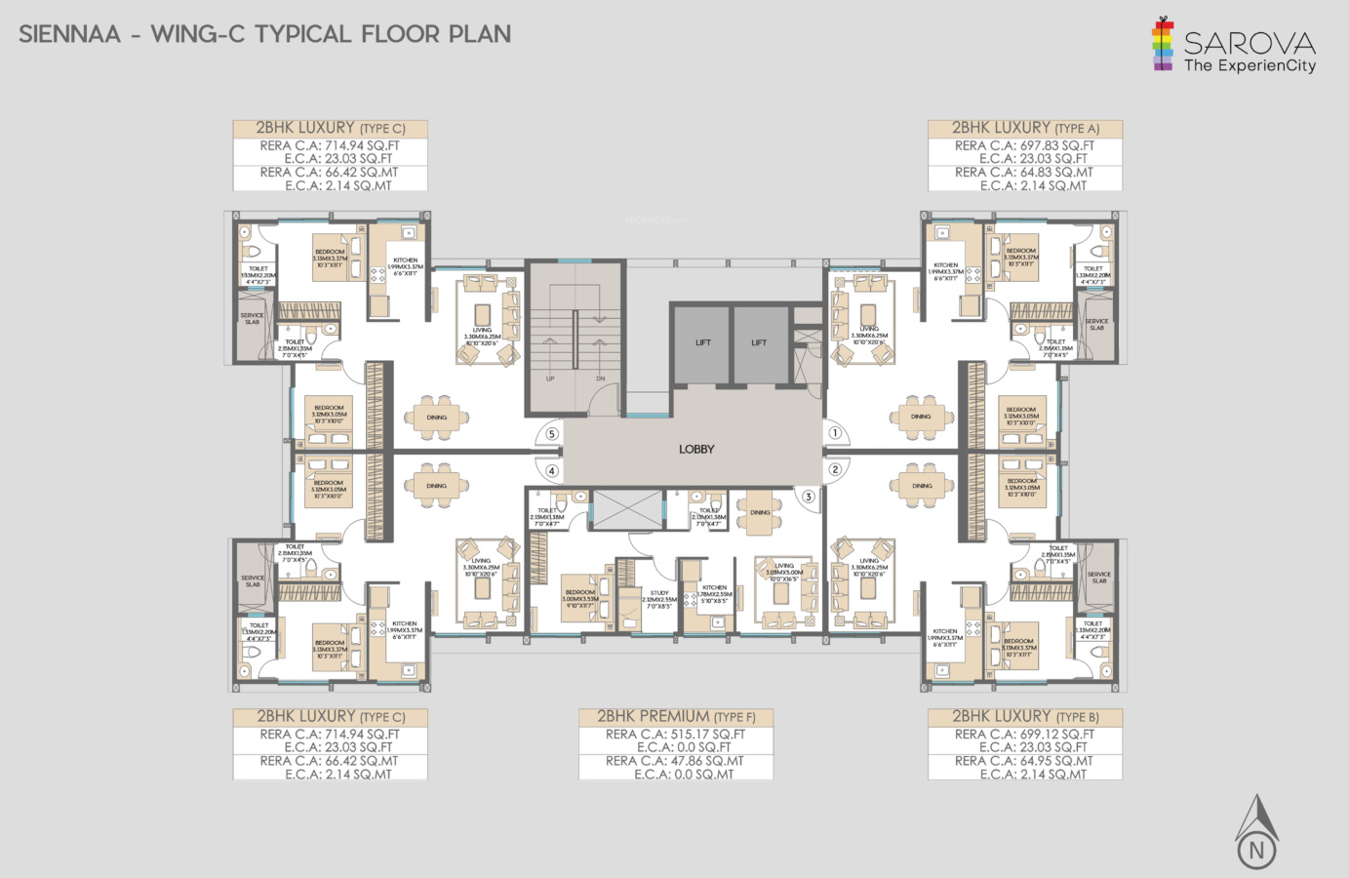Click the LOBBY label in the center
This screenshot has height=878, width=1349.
pos(696,450)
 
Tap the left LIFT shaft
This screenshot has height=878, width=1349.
pos(702,343)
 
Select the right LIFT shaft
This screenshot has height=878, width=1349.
pos(759,343)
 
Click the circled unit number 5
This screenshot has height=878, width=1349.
pos(551,434)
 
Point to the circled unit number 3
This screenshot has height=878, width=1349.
pos(808,497)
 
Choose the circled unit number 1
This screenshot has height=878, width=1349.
pos(835,433)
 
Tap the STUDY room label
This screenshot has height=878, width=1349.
pos(659,593)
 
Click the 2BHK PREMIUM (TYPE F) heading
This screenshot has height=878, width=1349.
pos(676,717)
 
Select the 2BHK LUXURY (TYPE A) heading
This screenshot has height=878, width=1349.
pos(1024,128)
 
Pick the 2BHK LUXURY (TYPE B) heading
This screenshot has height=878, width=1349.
pos(1024,717)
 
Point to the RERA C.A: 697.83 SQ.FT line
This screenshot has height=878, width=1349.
pos(1024,145)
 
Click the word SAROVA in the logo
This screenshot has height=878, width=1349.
pos(1250,43)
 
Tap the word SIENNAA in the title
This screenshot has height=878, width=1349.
pos(70,35)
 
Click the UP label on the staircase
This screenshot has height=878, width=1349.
pos(550,379)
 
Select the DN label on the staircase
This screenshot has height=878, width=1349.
pos(600,379)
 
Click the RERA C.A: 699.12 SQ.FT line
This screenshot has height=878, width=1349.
pos(1024,735)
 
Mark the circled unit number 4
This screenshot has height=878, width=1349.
pos(551,471)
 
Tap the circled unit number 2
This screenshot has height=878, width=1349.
pos(835,469)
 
